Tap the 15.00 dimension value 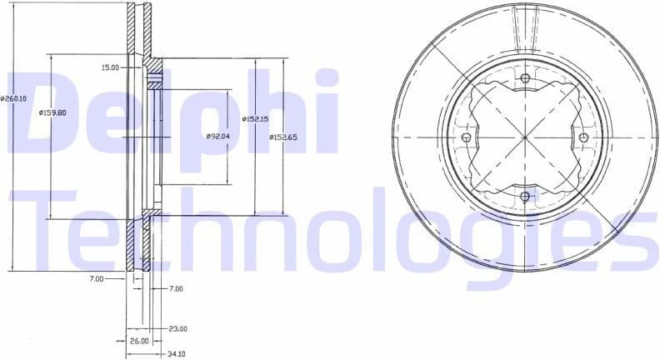(x=110, y=67)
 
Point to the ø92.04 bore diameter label (x=217, y=137)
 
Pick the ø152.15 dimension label (x=254, y=119)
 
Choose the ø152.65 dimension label (x=282, y=137)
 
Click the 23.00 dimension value (x=177, y=328)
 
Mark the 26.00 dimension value (x=139, y=341)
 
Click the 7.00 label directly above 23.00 (x=175, y=288)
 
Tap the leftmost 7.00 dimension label (x=97, y=279)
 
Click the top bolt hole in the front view (x=525, y=79)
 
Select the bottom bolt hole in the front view (x=525, y=197)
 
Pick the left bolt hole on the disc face (x=466, y=137)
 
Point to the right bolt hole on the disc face (x=583, y=137)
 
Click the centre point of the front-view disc (x=525, y=137)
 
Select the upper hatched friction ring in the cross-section (x=139, y=33)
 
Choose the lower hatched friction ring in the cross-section (x=139, y=242)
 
